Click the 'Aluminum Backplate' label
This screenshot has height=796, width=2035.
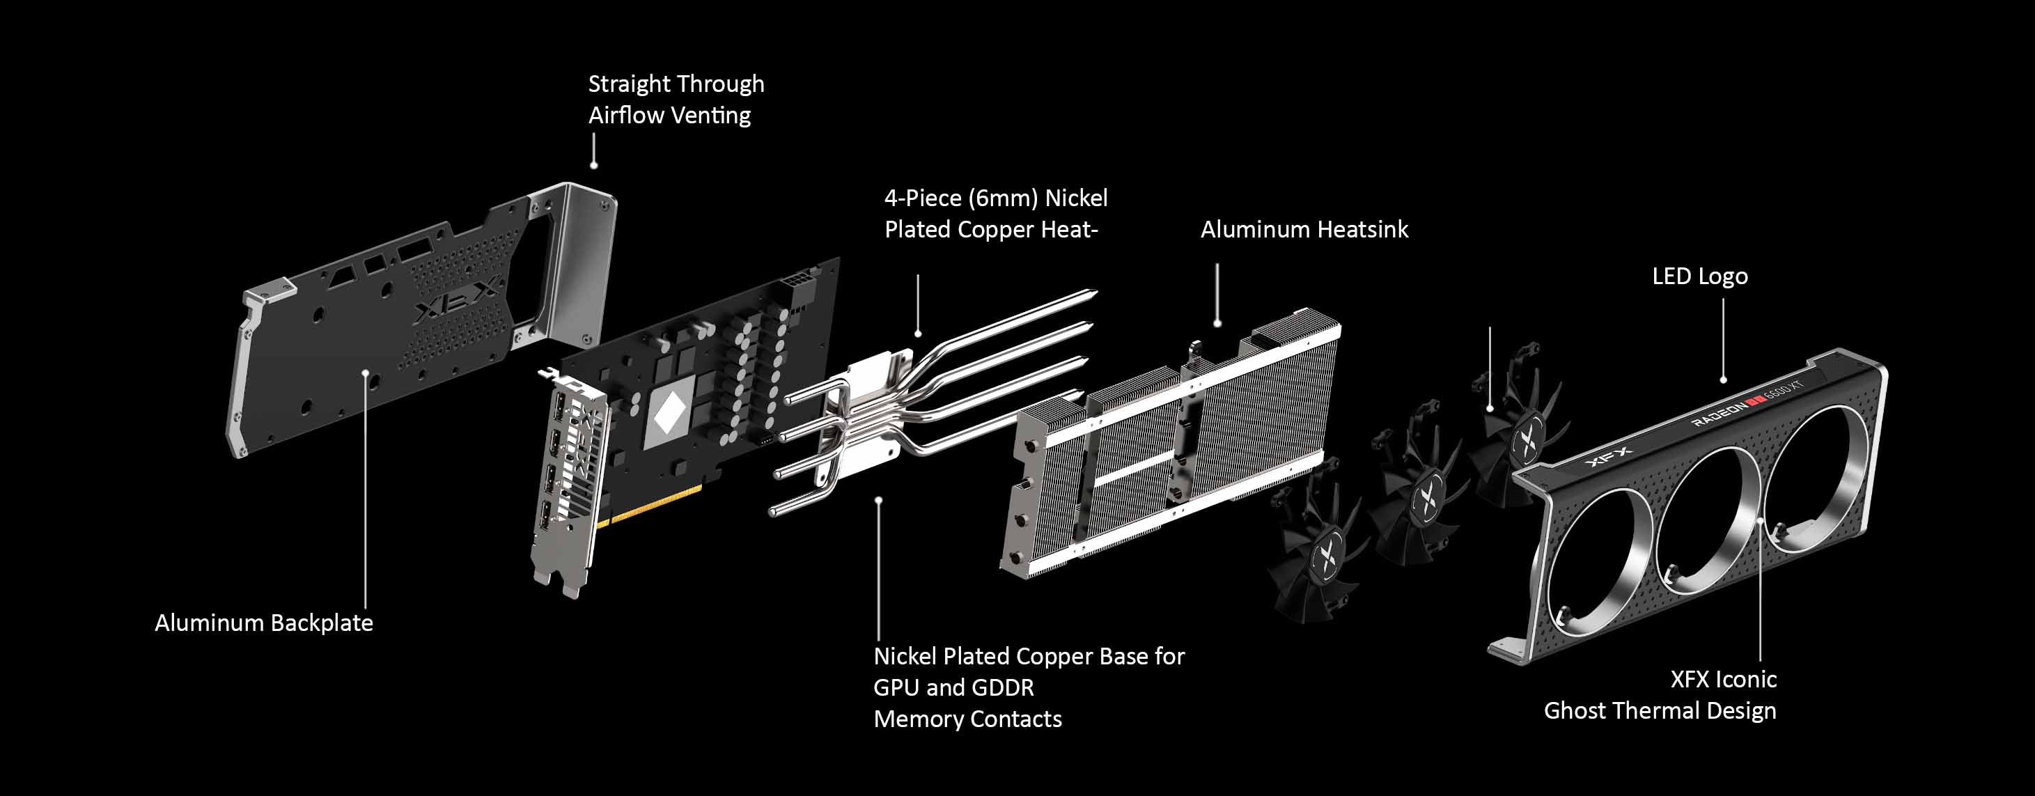pyautogui.click(x=264, y=623)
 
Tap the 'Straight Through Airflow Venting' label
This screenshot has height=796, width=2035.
pyautogui.click(x=676, y=100)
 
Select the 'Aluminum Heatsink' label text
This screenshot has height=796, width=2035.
pyautogui.click(x=1304, y=229)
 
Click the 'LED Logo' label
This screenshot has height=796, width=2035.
pyautogui.click(x=1700, y=276)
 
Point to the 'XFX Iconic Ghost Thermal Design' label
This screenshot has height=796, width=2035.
pyautogui.click(x=1660, y=695)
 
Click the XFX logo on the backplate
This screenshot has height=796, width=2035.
pyautogui.click(x=458, y=300)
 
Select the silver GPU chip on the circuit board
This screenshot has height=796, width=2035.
pyautogui.click(x=670, y=412)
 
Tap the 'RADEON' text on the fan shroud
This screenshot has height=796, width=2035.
pyautogui.click(x=1719, y=412)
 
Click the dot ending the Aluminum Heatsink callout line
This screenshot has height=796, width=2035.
pyautogui.click(x=1217, y=323)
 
